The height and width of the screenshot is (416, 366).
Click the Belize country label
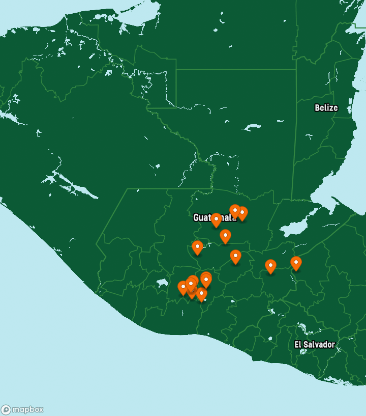point(326,108)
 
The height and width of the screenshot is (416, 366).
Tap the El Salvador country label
point(315,345)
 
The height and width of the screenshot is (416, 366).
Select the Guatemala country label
point(215,218)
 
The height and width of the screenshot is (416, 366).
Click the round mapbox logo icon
point(6,410)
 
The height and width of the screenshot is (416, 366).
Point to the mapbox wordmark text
point(28,410)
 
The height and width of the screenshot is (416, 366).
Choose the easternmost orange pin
point(296,263)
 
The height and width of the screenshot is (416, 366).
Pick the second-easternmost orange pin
point(270,266)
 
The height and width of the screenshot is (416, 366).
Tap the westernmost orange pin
point(183,288)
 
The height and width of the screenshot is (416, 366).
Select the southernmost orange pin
point(201,294)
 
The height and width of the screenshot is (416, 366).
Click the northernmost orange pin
point(235,210)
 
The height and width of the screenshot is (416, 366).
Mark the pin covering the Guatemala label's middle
point(216,219)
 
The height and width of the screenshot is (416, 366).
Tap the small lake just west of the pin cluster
point(162,282)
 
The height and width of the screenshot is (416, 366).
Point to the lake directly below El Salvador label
point(303,351)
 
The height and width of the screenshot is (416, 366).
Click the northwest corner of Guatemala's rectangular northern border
point(176,69)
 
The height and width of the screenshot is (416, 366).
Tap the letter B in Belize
point(317,108)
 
